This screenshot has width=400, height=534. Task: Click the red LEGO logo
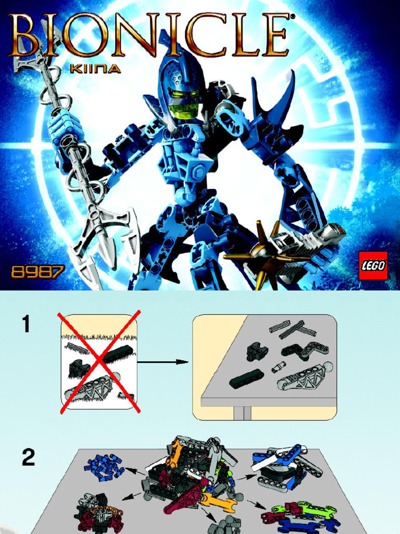[x=373, y=265]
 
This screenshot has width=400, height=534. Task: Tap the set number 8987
[x=37, y=272]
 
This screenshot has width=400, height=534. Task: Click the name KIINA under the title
[x=95, y=68]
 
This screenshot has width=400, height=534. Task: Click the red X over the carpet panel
[x=99, y=361]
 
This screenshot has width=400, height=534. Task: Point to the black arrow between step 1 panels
[x=162, y=362]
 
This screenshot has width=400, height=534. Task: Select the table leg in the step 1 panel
[x=242, y=413]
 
